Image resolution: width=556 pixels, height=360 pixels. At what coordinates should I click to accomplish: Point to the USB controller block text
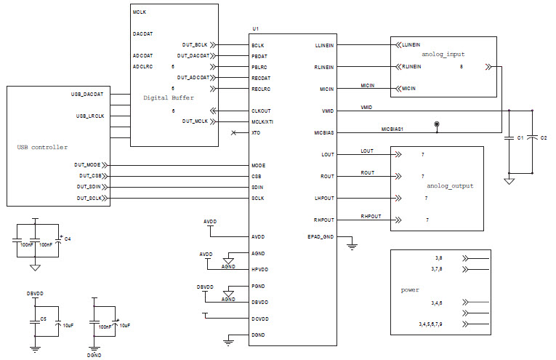point(42,147)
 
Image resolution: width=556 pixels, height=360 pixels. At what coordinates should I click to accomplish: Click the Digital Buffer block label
point(169,97)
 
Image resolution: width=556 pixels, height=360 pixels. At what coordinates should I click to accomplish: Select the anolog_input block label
point(443,54)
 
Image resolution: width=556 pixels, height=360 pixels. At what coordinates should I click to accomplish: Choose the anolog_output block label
point(450,186)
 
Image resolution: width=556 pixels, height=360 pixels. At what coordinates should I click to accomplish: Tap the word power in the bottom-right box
point(410,290)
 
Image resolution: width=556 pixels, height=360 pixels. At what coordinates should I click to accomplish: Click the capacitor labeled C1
point(520,137)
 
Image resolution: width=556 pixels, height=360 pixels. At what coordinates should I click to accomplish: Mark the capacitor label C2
point(544,137)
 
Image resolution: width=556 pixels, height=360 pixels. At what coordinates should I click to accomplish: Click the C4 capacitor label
point(68,239)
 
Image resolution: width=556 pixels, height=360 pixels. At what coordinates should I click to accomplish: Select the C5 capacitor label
point(44,319)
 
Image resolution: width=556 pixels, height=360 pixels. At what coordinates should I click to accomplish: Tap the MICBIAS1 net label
point(392,129)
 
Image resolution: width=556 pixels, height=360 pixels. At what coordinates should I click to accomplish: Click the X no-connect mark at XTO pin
point(233,133)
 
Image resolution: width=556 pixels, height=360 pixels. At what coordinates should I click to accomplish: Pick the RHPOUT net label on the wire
point(371,217)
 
